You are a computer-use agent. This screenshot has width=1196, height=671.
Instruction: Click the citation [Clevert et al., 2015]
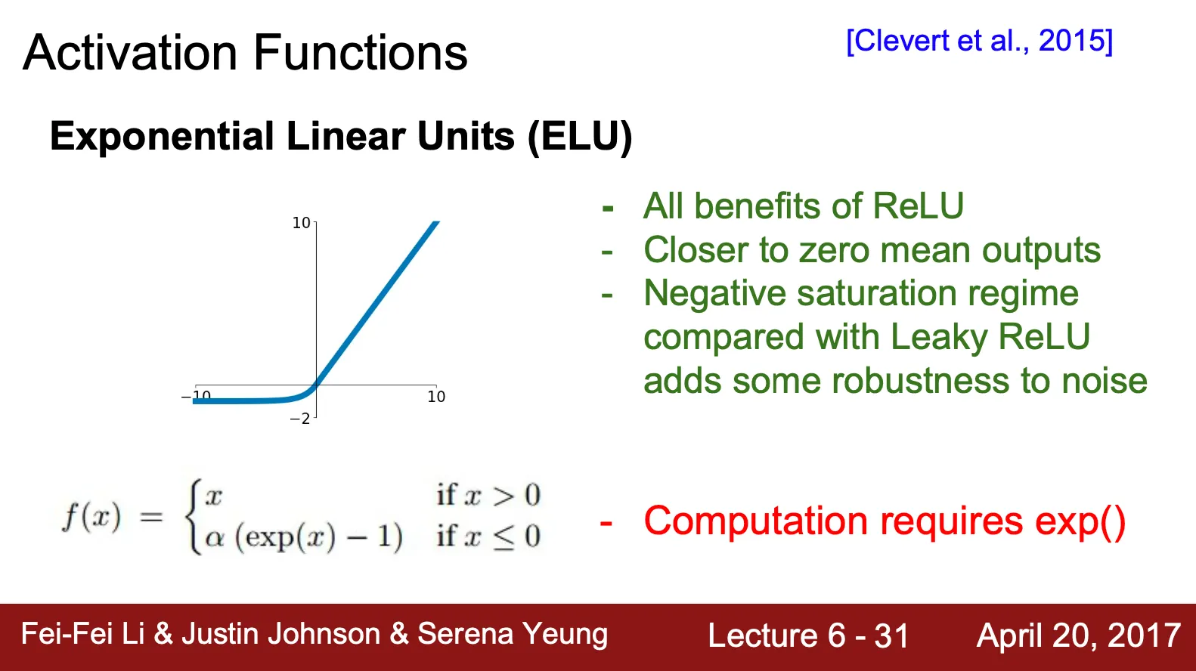point(980,41)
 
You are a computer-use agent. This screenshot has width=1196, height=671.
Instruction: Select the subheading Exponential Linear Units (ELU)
point(341,137)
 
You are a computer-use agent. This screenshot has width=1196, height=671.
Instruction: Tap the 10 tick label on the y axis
point(301,223)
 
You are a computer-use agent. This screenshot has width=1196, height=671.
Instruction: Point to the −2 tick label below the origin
point(299,419)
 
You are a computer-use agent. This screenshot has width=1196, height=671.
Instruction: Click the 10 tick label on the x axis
point(436,397)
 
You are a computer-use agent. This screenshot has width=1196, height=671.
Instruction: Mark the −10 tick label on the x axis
point(196,396)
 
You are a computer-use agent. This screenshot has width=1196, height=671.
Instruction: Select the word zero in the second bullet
point(835,250)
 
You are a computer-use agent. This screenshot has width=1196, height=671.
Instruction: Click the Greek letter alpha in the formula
point(215,537)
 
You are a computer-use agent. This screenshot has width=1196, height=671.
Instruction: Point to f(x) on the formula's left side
point(91,517)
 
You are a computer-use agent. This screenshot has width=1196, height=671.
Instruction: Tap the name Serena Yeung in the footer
point(513,635)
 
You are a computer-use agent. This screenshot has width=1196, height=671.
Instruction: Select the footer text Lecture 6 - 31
point(808,635)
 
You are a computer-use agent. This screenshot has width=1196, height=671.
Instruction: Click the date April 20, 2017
point(1079,635)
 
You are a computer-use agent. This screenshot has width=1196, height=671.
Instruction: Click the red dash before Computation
point(606,523)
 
